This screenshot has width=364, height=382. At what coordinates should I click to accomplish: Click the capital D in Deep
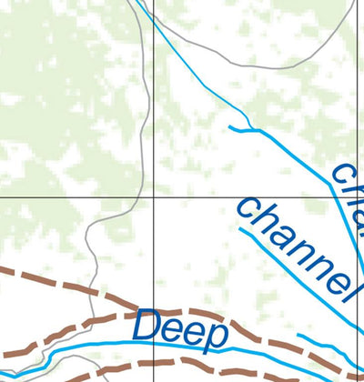(148, 325)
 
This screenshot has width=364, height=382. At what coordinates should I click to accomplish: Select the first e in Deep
(173, 328)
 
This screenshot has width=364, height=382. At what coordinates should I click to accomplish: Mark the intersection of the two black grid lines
(153, 196)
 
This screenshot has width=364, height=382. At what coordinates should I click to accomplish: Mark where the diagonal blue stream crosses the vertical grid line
(153, 25)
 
